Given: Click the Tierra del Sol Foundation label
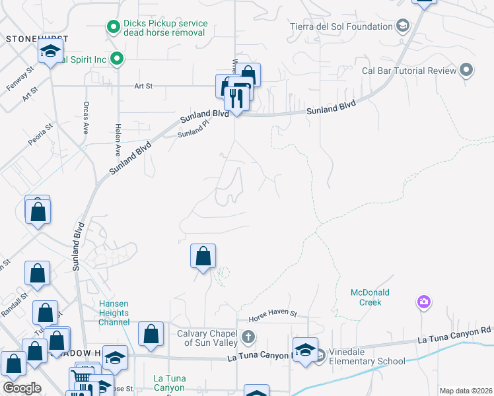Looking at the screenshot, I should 341,27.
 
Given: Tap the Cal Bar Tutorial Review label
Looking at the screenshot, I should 409,71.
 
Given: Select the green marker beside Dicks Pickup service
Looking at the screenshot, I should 112,28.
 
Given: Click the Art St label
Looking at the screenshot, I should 143,86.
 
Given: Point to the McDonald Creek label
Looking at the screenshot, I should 370,298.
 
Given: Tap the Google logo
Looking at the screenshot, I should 22,388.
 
